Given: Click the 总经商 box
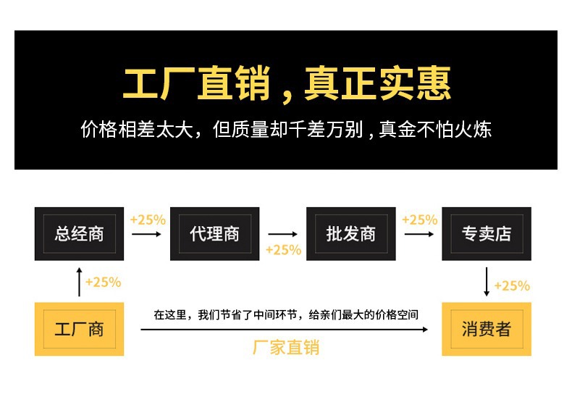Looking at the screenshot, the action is pos(79,234).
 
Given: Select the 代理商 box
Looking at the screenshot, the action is pos(214,234).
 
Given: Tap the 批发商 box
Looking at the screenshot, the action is pos(350,234).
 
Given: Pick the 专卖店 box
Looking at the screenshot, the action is pos(486,234).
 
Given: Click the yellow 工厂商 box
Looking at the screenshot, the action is pos(79,329).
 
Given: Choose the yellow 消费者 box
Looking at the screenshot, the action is pos(486,329).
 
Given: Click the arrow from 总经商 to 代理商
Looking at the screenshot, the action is pos(147,234).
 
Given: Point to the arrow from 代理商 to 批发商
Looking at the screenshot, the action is pos(283,234).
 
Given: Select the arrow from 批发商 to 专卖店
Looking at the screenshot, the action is pos(419,234).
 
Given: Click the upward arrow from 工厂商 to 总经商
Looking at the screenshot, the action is pos(80,281).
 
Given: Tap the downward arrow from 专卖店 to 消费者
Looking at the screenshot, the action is pos(487,281).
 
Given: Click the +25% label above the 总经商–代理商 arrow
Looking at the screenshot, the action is pos(148,220).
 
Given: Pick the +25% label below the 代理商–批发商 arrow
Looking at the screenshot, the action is pos(283,250).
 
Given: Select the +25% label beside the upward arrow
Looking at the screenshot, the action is pos(103,283).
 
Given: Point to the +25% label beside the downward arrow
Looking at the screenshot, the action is pos(512,285).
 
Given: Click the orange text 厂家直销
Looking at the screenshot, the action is pos(286,347).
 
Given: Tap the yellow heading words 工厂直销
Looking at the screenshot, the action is pos(195,85).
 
